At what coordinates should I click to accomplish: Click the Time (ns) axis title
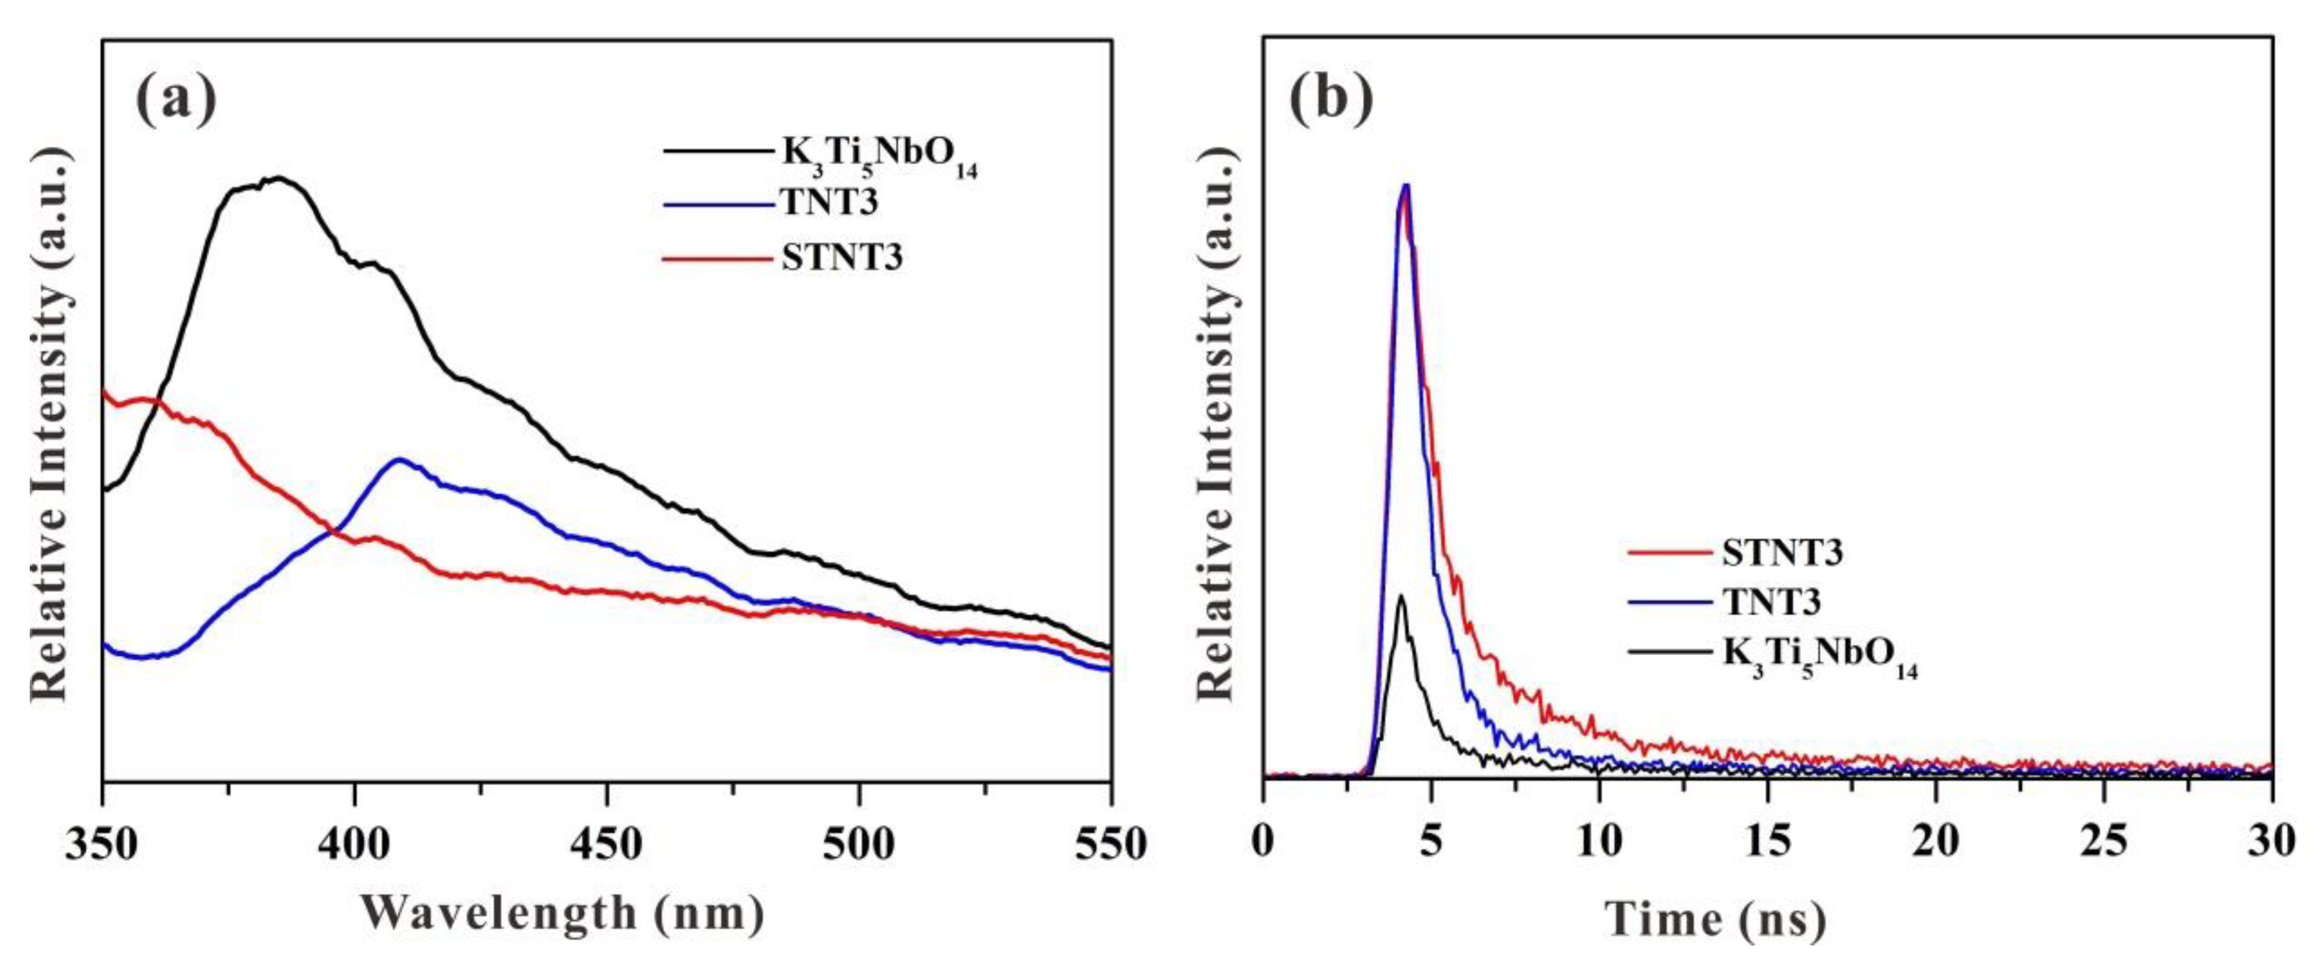pos(1716,919)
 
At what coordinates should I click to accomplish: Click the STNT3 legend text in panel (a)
pos(842,257)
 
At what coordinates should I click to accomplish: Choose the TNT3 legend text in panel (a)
pos(829,203)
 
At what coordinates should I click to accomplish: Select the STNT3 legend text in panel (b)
pos(1782,552)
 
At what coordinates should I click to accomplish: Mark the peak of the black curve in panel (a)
pos(279,178)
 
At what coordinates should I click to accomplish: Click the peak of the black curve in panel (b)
pos(1400,596)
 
